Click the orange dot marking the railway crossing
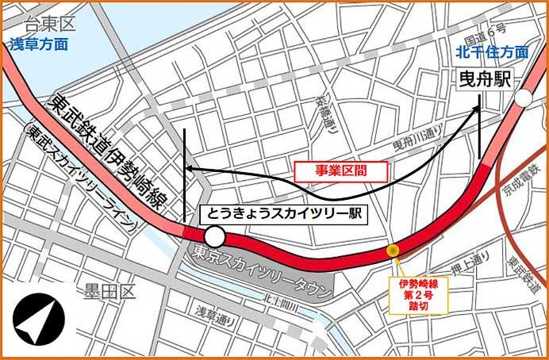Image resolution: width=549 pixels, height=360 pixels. click(392, 251)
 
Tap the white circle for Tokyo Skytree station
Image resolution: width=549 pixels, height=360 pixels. click(213, 236)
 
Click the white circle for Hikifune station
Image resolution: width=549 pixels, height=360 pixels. click(523, 98)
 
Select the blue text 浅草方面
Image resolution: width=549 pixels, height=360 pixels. click(39, 45)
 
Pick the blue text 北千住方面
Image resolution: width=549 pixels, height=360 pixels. click(492, 52)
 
